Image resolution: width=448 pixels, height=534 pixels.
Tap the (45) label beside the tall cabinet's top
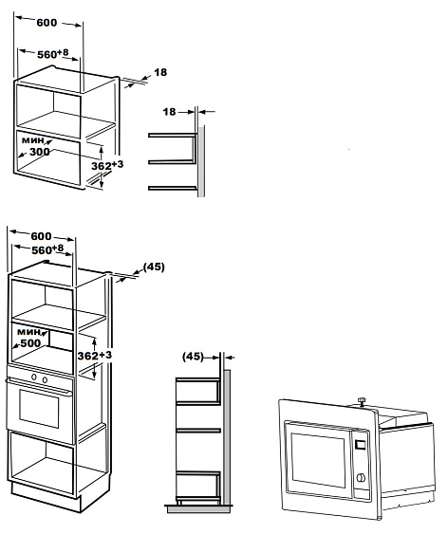coord(153,267)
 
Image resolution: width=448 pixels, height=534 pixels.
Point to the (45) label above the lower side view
coord(194,357)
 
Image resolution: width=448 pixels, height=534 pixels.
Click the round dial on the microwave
coord(361,479)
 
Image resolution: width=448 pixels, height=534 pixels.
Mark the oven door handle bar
coord(41,388)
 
